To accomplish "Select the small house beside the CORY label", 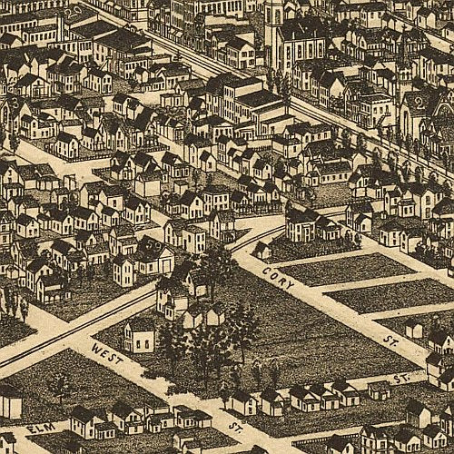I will click(x=262, y=249).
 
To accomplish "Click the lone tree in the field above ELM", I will click(x=60, y=386).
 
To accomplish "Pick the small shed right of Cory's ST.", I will click(x=414, y=329).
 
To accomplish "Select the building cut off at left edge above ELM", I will click(x=9, y=400).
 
